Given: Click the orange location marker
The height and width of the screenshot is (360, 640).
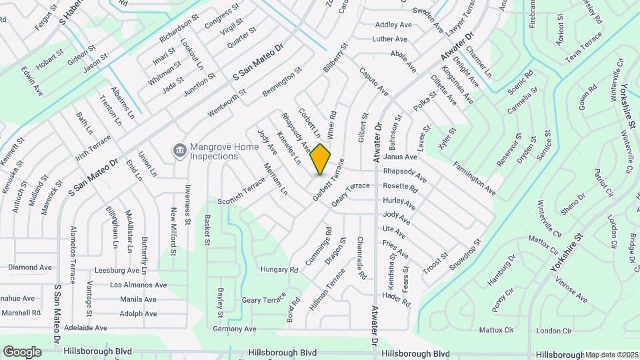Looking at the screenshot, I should coord(321,159).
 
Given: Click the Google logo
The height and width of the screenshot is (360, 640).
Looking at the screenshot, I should coord(22,351).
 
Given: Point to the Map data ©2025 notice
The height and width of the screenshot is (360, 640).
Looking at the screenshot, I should coord(611,354).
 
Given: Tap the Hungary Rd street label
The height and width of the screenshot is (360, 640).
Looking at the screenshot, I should coord(279,270).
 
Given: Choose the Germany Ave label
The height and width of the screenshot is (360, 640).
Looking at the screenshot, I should coord(235,329).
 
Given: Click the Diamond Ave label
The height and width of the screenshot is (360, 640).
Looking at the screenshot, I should coord(30,267).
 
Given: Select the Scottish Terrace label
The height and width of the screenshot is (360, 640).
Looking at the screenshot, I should coord(241,193).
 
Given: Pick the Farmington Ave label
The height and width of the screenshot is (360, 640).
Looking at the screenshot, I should coord(475,178).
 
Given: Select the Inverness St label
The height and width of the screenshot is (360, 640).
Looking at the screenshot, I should coord(189,204).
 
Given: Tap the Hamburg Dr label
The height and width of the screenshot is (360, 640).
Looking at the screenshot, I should coord(501,269).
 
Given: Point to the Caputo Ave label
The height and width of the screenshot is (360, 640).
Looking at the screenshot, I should coord(373,81).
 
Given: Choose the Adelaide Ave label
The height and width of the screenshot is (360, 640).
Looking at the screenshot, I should coord(85,328).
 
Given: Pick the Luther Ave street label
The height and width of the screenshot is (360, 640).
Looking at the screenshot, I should coord(390,39).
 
